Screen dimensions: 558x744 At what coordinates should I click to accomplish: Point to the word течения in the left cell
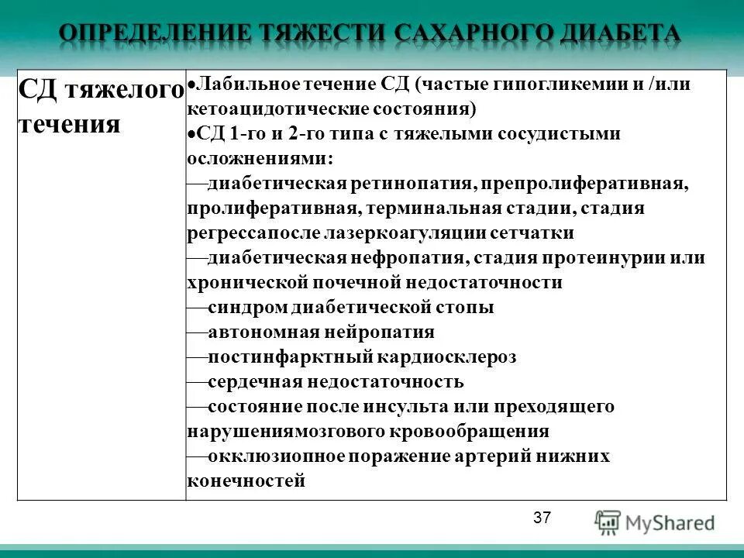pyautogui.click(x=69, y=123)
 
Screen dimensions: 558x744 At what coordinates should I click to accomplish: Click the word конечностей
pyautogui.click(x=246, y=480)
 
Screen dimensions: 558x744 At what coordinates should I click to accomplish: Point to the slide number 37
pyautogui.click(x=542, y=518)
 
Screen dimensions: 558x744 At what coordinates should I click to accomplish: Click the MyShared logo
pyautogui.click(x=655, y=522)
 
